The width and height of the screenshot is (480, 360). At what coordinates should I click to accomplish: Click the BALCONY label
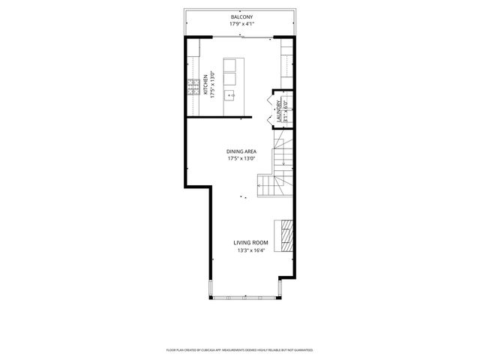coord(241,16)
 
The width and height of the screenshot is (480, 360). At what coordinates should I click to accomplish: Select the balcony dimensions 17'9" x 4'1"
coord(241,25)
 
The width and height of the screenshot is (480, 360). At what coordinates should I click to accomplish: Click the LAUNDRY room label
coord(279,110)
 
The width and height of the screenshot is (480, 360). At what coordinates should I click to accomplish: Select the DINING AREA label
coord(241,151)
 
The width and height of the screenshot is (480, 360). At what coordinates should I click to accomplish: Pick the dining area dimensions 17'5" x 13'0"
coord(241,159)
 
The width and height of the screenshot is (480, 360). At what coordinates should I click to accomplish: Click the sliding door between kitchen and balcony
coord(240,36)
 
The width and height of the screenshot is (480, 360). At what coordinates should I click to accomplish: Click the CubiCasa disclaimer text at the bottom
coord(239,349)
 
